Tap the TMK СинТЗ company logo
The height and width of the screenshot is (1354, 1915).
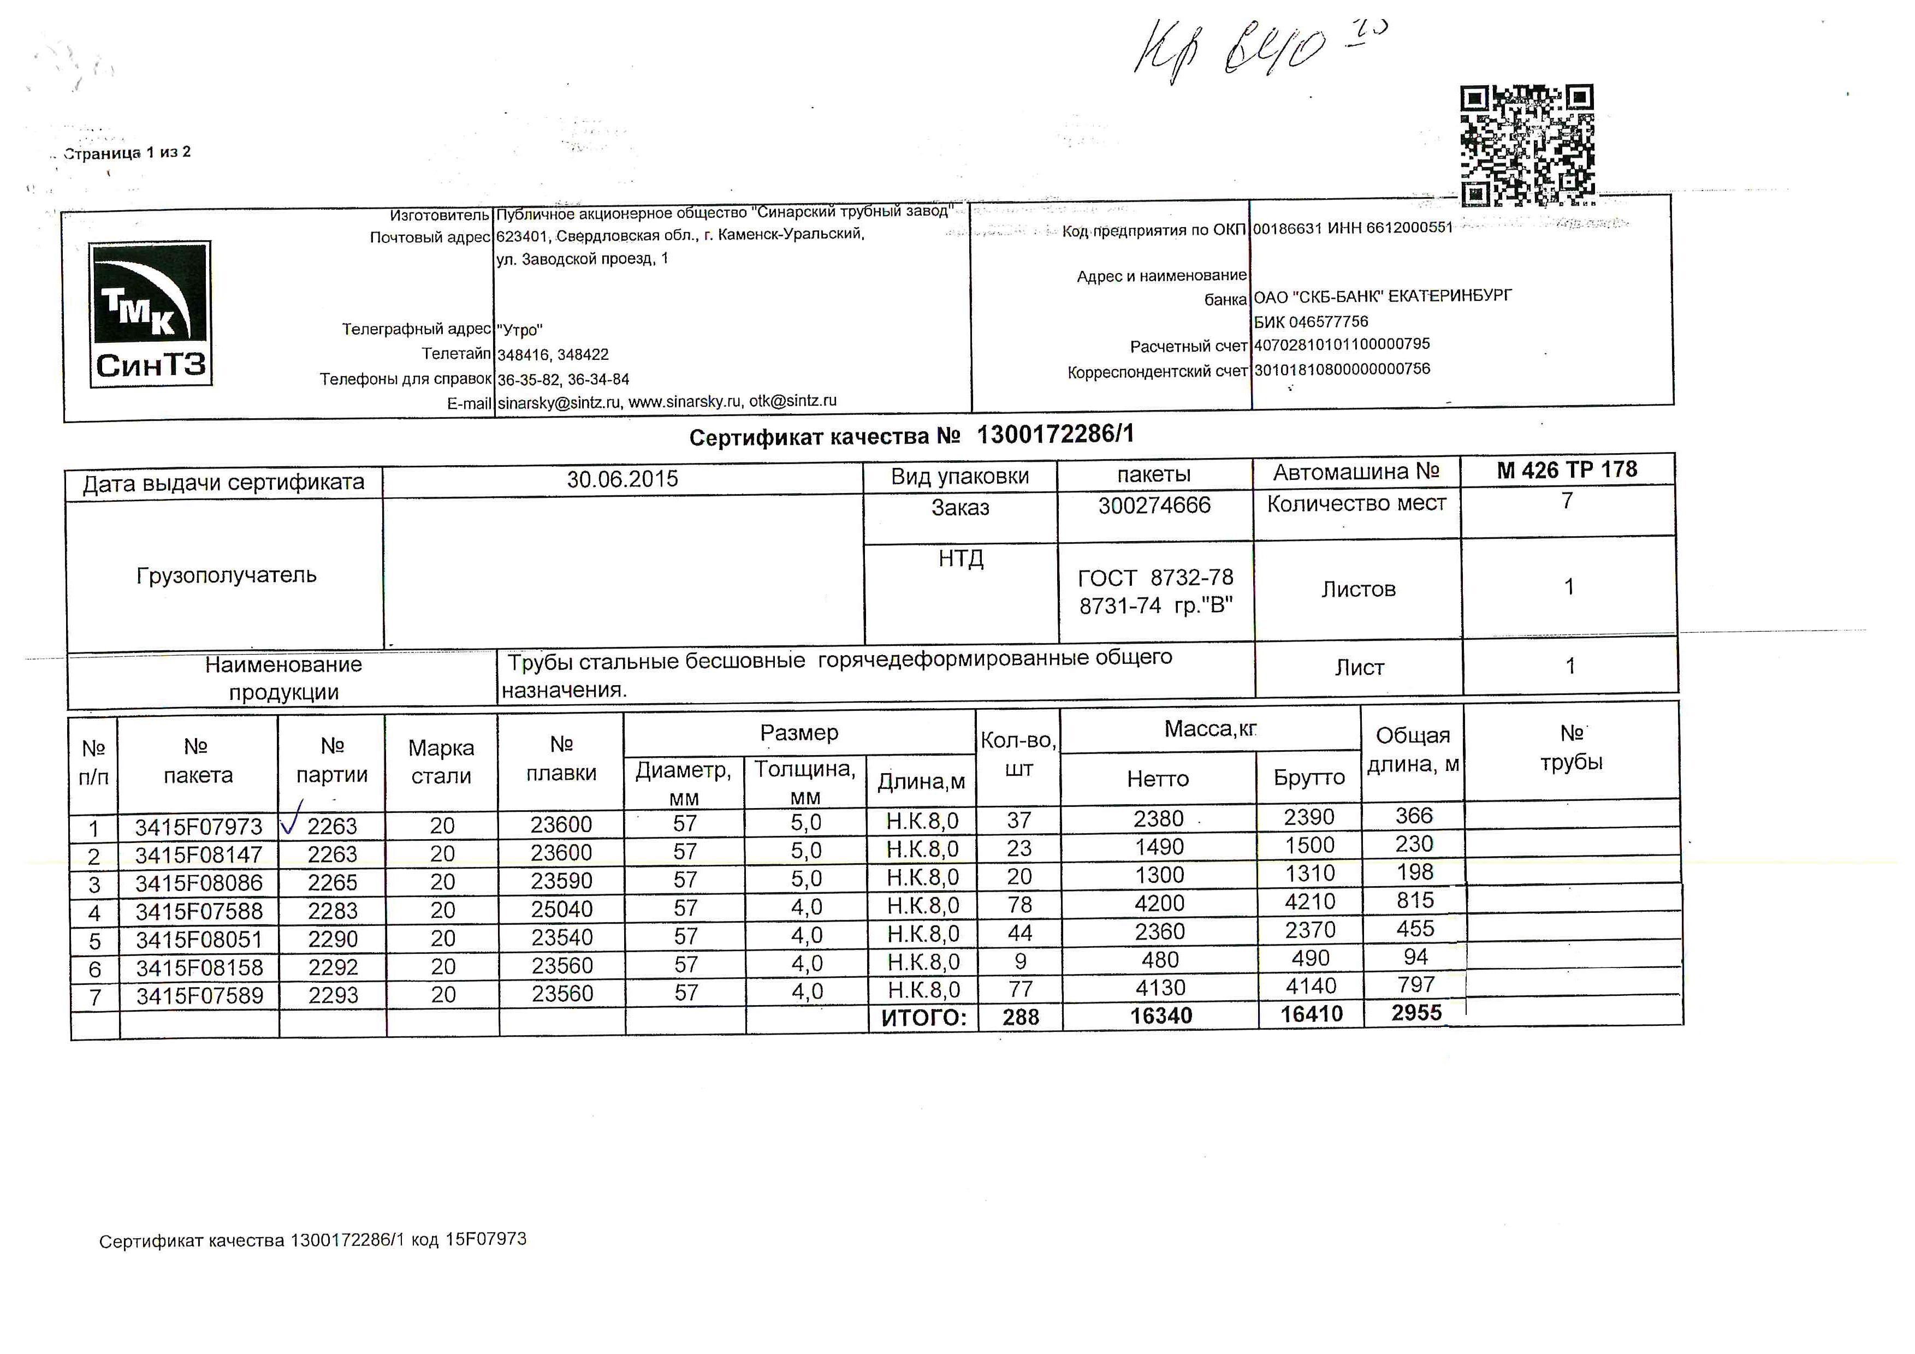[x=151, y=314]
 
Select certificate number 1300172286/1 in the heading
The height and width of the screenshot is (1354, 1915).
[x=1055, y=435]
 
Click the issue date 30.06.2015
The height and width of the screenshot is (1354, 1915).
[x=622, y=479]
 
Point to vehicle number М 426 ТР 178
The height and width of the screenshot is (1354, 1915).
[x=1567, y=470]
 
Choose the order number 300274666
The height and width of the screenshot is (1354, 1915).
[x=1154, y=505]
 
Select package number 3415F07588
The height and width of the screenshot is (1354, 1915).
[x=199, y=911]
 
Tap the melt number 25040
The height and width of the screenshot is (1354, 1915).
[x=562, y=910]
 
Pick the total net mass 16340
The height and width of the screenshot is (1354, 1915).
[x=1161, y=1016]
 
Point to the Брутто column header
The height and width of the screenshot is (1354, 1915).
[x=1309, y=778]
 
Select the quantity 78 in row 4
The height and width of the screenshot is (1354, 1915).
[x=1019, y=905]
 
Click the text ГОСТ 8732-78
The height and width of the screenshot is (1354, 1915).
[x=1155, y=578]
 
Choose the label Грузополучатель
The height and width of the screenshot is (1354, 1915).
[x=226, y=575]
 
